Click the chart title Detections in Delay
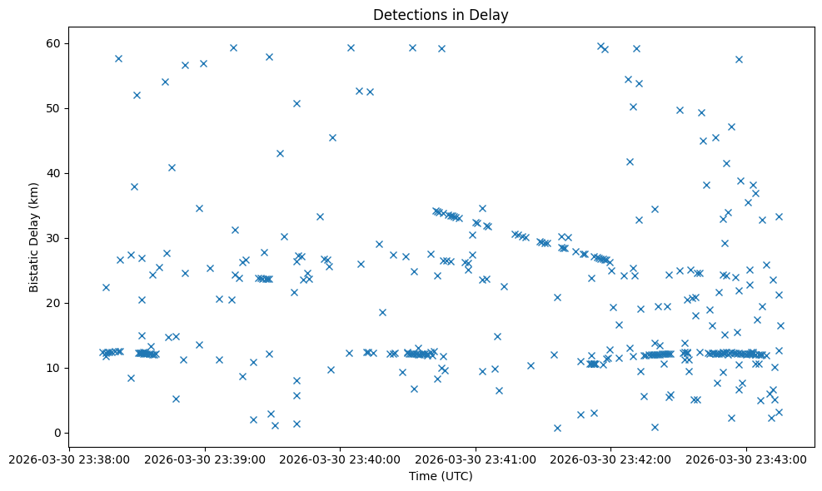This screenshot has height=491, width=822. point(440,15)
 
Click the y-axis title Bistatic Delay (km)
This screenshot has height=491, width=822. point(34,236)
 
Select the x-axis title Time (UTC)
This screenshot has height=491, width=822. point(440,476)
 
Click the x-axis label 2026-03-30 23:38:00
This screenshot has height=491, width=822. point(69,459)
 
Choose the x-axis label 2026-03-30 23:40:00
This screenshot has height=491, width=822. point(340,459)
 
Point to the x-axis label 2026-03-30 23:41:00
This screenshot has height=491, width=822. point(476,459)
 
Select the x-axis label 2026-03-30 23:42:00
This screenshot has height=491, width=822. point(610,459)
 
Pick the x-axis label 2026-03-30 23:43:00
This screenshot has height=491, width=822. point(746,459)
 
